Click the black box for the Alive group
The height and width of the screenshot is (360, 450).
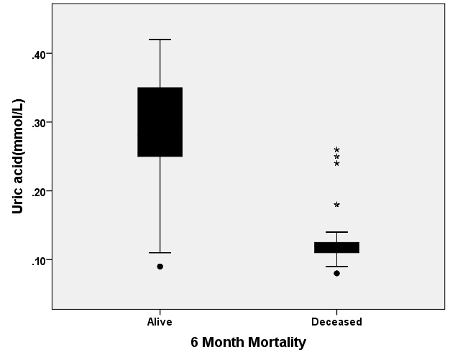(160, 121)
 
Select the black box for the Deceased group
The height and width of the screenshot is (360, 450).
(336, 247)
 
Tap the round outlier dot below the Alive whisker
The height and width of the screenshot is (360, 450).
(160, 267)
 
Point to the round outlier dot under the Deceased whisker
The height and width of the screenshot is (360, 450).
(336, 273)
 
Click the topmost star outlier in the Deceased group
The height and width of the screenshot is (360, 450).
(336, 150)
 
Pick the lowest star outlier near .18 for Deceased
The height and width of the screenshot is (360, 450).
(336, 205)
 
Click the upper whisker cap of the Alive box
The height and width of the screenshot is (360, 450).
(160, 40)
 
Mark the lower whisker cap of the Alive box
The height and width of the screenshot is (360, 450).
(160, 253)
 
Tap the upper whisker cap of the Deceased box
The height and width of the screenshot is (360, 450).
(336, 232)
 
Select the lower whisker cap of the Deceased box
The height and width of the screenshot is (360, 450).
(336, 267)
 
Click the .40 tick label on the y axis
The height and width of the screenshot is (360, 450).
(40, 54)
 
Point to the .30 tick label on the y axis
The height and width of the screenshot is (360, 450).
(40, 122)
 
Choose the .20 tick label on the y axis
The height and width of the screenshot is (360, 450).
(40, 191)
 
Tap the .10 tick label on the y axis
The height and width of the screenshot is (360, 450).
(40, 259)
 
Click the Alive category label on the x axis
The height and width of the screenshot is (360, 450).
(160, 322)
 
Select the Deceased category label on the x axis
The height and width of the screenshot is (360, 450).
(336, 322)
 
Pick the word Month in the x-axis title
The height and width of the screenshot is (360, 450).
(224, 343)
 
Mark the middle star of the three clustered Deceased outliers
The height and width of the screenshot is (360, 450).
(336, 157)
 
